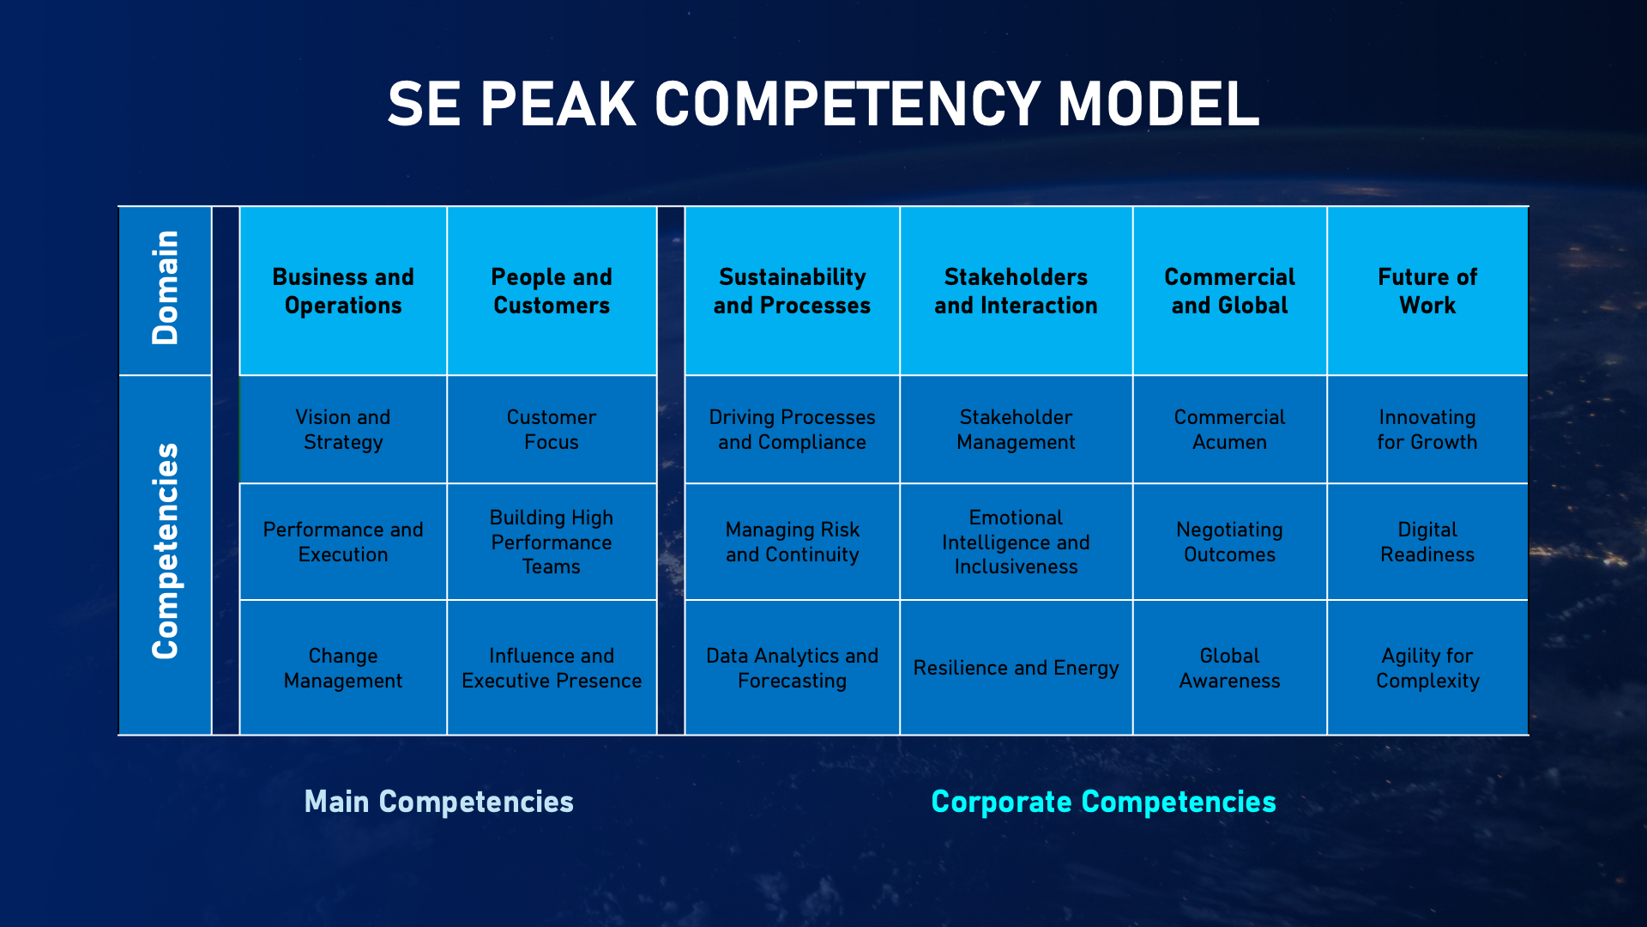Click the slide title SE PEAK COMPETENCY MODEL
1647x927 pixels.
[823, 104]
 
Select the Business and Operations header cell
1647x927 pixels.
[343, 291]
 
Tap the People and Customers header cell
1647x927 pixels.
[552, 291]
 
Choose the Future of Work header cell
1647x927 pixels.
[1427, 291]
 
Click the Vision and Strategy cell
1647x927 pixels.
[343, 429]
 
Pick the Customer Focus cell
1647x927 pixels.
[552, 429]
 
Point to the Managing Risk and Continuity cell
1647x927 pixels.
[792, 542]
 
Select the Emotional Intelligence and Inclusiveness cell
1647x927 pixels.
[1016, 542]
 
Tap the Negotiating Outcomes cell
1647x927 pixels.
[1229, 542]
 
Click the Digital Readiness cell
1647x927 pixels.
[1427, 542]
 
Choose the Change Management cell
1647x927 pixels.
[343, 668]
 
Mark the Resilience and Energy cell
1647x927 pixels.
[1016, 668]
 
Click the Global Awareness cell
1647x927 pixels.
[1229, 668]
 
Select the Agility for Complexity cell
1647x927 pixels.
[1427, 668]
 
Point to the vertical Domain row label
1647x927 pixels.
[165, 288]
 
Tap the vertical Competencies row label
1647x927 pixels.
[165, 551]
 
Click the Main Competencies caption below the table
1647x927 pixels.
[439, 802]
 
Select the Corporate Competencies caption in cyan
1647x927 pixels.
[1104, 802]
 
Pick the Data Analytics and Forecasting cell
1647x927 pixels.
[792, 668]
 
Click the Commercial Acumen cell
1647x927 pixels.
[1229, 429]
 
